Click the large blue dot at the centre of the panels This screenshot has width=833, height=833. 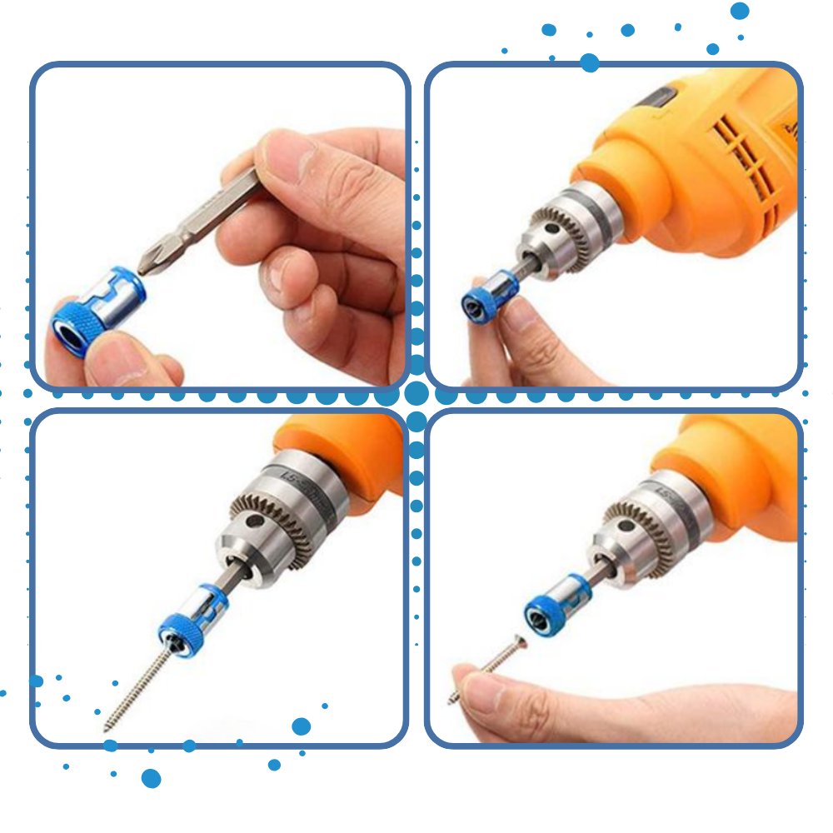tap(416, 393)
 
